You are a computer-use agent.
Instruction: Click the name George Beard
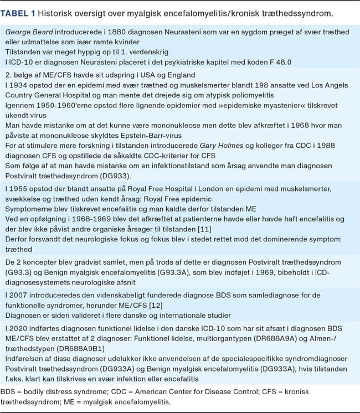click(29, 33)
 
